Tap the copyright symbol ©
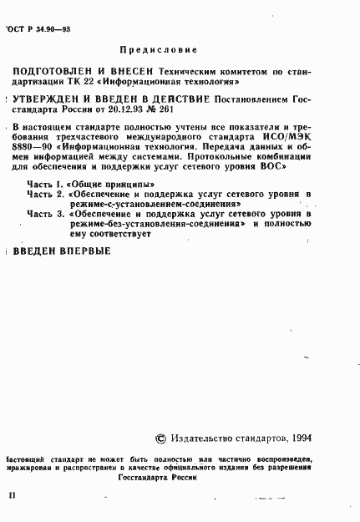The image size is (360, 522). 160,437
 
